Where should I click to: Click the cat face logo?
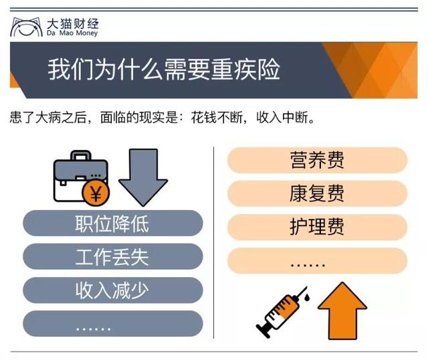pyautogui.click(x=27, y=27)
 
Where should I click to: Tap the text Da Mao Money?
pyautogui.click(x=72, y=33)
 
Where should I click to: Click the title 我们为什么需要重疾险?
pyautogui.click(x=164, y=70)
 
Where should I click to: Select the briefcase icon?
pyautogui.click(x=80, y=176)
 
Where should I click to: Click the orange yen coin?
pyautogui.click(x=96, y=193)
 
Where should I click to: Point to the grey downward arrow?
pyautogui.click(x=143, y=177)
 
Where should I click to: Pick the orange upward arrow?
pyautogui.click(x=342, y=311)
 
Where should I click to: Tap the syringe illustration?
pyautogui.click(x=282, y=312)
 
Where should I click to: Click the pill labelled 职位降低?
pyautogui.click(x=113, y=223)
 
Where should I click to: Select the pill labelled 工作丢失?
pyautogui.click(x=113, y=257)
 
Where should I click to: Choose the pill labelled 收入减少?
pyautogui.click(x=113, y=290)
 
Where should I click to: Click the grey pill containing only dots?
pyautogui.click(x=113, y=324)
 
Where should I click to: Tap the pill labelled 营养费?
pyautogui.click(x=317, y=160)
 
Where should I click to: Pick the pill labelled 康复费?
pyautogui.click(x=317, y=193)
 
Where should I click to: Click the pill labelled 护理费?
pyautogui.click(x=317, y=227)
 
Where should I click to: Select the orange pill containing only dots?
pyautogui.click(x=317, y=260)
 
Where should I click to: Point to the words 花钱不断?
pyautogui.click(x=217, y=118)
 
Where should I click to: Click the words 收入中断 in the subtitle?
pyautogui.click(x=282, y=118)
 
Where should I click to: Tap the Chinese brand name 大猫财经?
pyautogui.click(x=73, y=24)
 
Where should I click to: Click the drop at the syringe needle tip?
pyautogui.click(x=308, y=298)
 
